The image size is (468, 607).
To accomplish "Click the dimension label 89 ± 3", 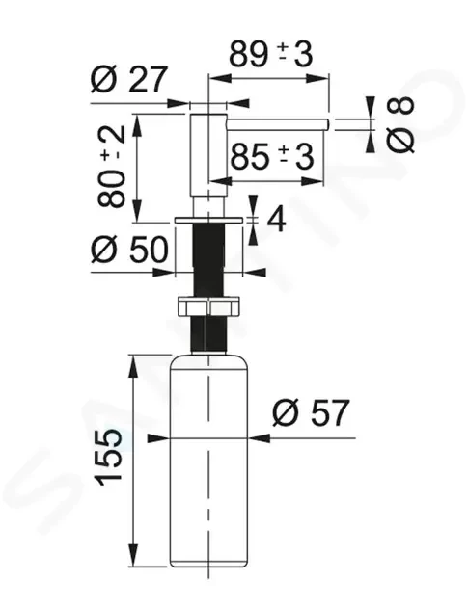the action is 270,54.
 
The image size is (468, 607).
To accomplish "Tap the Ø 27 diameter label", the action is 128,79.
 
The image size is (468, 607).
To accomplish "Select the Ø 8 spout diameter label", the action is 400,124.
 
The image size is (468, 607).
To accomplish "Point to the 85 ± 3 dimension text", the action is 272,156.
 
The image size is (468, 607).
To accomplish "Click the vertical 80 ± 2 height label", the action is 112,167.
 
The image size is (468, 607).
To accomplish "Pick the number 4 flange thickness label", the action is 276,220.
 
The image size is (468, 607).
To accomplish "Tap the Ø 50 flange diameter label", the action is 129,250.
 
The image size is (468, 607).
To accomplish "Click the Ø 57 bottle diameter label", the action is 311,412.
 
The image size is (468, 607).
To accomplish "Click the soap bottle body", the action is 209,460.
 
